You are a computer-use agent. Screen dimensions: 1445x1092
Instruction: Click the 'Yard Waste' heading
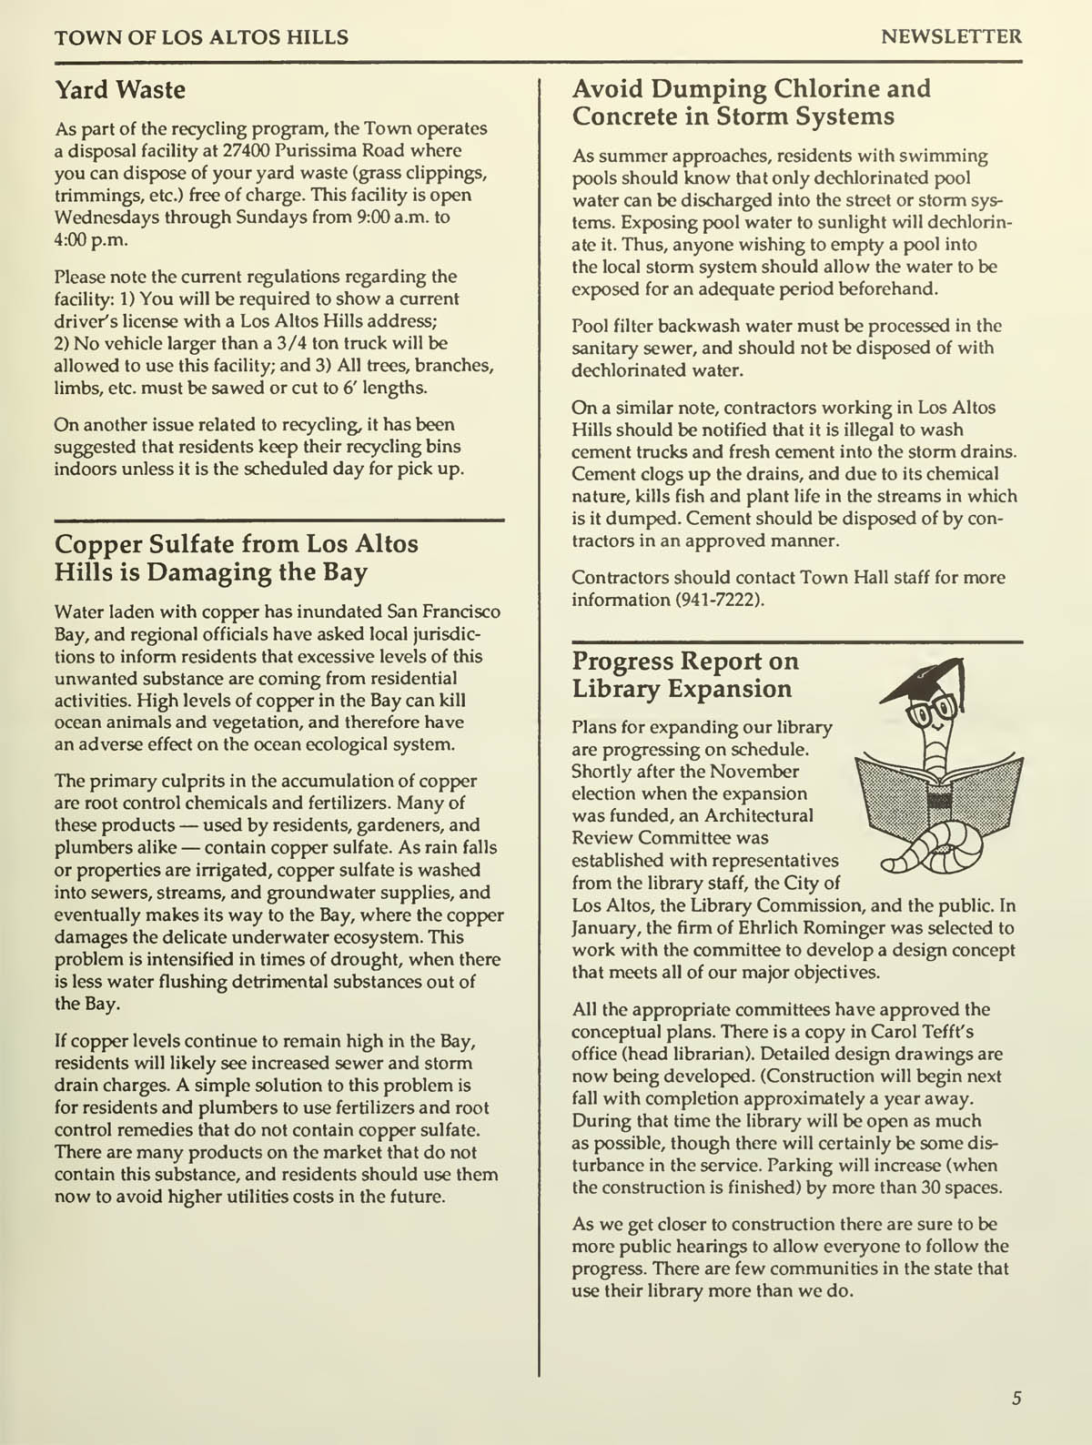click(x=120, y=90)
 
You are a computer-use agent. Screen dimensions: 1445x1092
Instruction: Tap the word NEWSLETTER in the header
click(x=951, y=37)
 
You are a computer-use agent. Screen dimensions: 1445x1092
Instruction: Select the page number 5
click(x=1016, y=1399)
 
